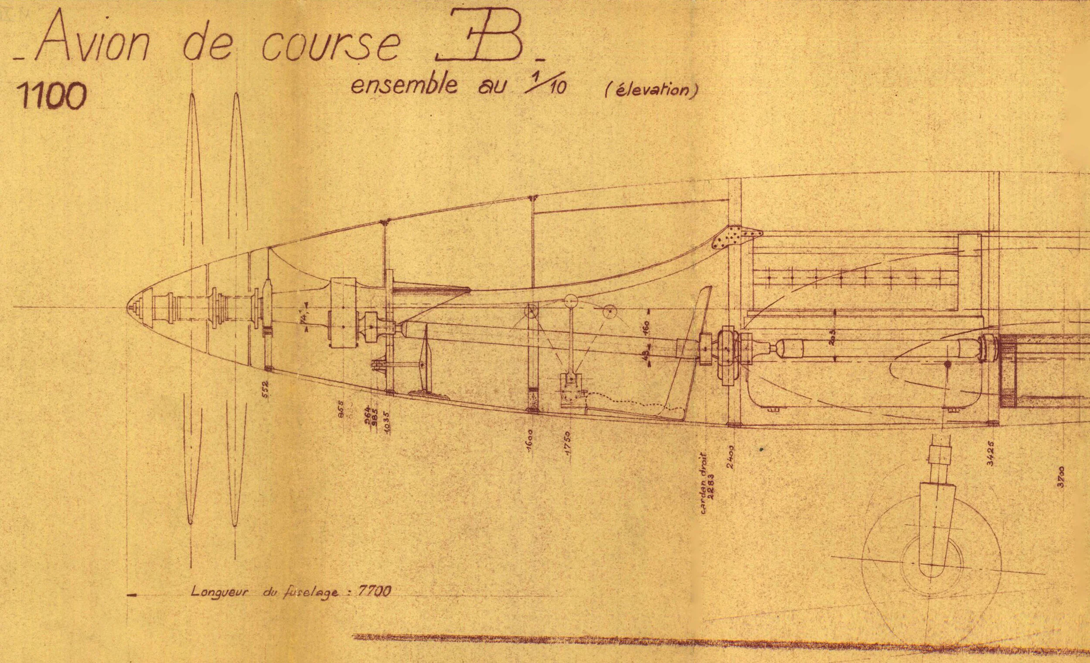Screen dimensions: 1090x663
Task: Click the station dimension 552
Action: coord(265,389)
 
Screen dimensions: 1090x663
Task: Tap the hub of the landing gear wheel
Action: coord(931,565)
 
